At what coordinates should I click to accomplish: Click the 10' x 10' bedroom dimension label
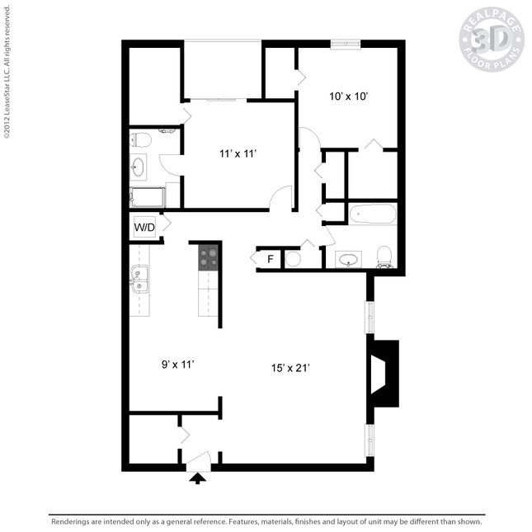pos(348,97)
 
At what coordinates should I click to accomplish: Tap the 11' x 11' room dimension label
pos(239,153)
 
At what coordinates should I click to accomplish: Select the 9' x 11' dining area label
pos(177,363)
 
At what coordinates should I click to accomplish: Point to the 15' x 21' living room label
pos(291,368)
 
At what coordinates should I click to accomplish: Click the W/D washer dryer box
pos(144,227)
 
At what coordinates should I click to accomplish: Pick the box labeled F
pos(270,259)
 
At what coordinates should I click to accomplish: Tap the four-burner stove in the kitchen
pos(208,257)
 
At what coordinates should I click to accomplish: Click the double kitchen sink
pos(139,280)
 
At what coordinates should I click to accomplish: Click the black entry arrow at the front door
pos(198,478)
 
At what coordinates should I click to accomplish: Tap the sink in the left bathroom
pos(138,168)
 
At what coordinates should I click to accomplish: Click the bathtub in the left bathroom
pos(148,197)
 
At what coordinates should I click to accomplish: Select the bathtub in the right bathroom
pos(373,214)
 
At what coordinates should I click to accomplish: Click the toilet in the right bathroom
pos(384,257)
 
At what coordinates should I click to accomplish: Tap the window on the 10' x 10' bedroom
pos(345,43)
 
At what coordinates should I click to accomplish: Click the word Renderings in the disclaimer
pos(73,521)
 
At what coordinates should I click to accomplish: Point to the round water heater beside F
pos(292,259)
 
